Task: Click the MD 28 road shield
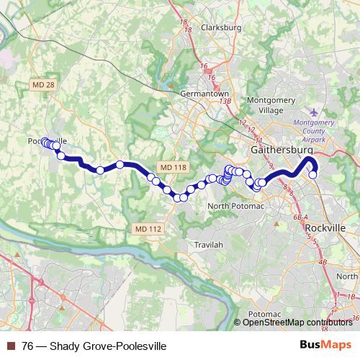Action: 43,86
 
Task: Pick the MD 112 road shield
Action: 148,228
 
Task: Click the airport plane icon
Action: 313,112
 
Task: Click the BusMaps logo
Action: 333,346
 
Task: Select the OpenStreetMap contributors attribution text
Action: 297,322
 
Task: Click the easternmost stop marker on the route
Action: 313,174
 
